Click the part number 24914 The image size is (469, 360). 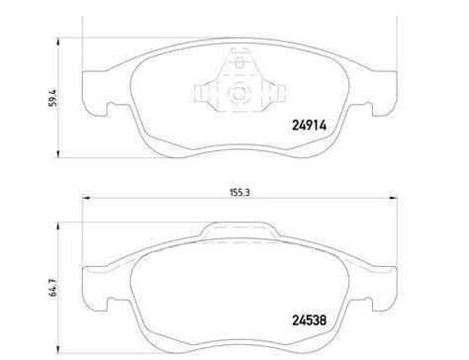309,126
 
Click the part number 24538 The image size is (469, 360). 309,319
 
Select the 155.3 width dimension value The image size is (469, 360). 239,193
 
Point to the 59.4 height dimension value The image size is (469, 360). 52,98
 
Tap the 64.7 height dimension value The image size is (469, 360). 52,289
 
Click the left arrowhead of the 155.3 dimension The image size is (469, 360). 86,198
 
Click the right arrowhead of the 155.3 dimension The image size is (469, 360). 394,198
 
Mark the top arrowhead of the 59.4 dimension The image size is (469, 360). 58,43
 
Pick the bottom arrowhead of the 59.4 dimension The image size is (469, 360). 58,153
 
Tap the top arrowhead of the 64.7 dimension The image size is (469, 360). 58,226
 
